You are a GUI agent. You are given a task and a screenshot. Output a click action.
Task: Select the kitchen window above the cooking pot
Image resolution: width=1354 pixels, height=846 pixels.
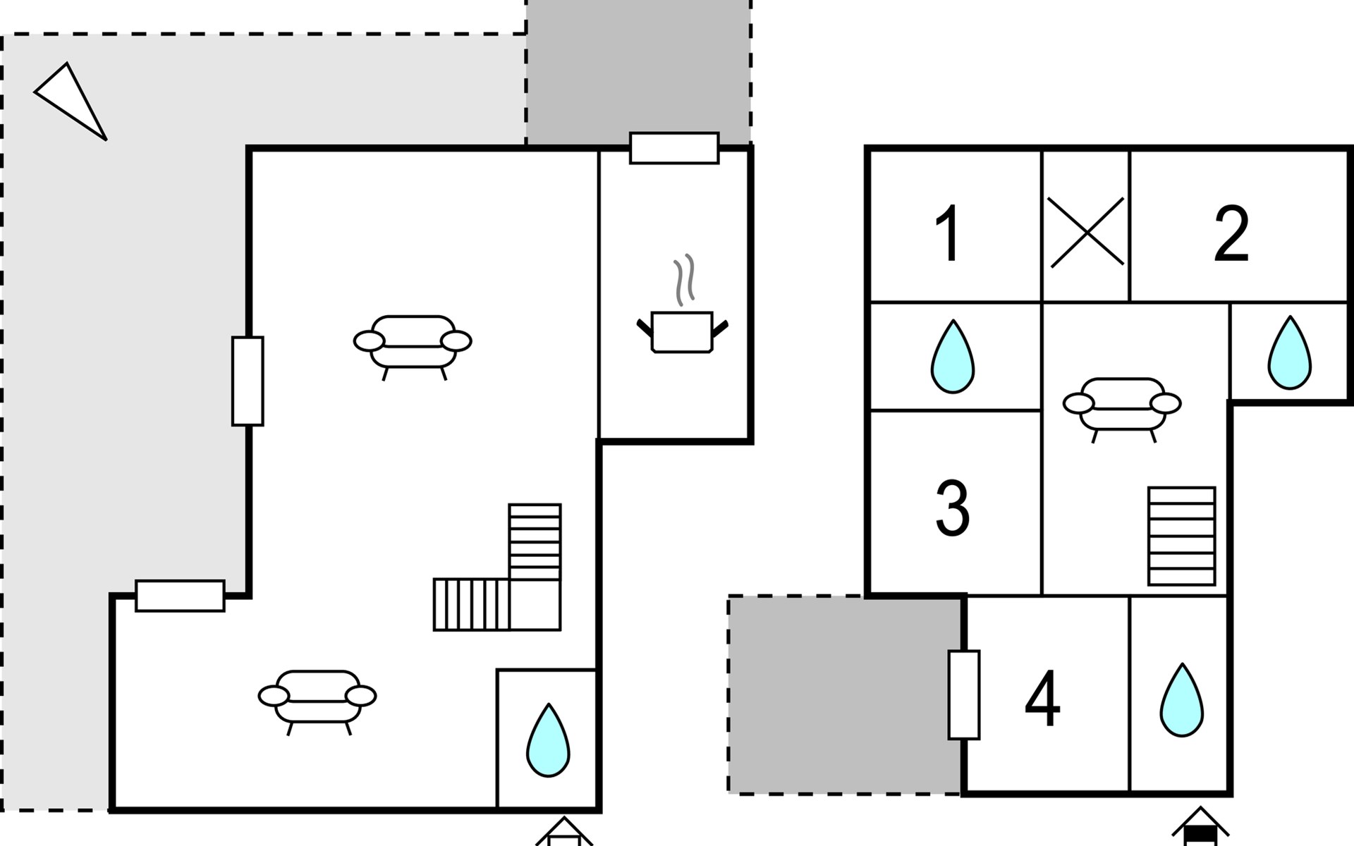tap(674, 148)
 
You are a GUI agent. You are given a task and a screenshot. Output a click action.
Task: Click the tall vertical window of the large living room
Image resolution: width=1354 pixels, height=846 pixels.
tap(248, 381)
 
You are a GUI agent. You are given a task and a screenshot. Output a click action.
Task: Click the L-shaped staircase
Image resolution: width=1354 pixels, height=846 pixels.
tap(497, 567)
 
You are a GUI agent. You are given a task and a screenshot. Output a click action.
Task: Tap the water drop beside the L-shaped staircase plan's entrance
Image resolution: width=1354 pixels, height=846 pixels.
tap(548, 740)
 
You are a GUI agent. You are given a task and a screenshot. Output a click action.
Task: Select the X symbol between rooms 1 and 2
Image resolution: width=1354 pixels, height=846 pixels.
tap(1087, 232)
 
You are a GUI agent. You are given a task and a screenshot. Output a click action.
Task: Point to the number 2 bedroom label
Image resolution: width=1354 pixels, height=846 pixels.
tap(1231, 233)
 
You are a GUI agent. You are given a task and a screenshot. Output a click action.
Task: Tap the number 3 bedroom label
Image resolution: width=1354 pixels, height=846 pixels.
tap(952, 508)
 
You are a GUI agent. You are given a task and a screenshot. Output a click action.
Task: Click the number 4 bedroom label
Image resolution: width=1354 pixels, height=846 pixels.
tap(1042, 699)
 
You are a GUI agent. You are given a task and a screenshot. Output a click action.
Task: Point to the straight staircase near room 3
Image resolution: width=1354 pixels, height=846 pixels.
tap(1181, 536)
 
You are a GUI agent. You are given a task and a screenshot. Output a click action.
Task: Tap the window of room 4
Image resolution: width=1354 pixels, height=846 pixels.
tap(963, 695)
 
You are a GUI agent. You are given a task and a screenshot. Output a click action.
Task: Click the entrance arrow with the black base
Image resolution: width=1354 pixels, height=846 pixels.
tap(1200, 826)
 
